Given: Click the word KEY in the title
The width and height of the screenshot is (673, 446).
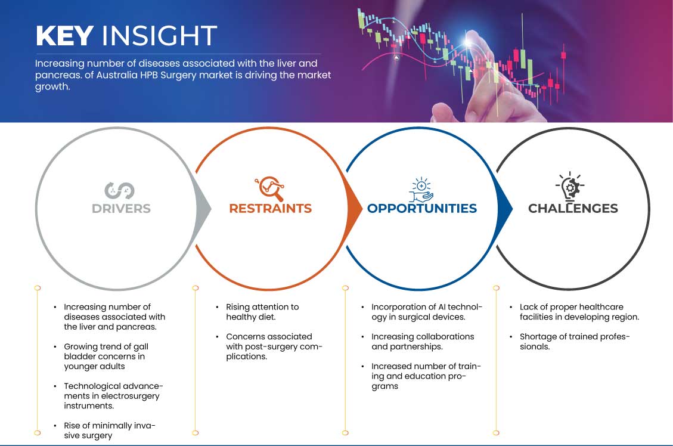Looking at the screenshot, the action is (x=64, y=36).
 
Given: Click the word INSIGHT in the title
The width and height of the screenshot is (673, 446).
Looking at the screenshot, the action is (x=159, y=36).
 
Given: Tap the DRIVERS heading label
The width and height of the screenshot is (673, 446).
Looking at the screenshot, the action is (x=121, y=209).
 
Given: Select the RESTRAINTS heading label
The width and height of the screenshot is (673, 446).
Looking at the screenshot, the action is (x=271, y=209).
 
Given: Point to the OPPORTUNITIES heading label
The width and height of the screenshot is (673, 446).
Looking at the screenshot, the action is (x=422, y=209).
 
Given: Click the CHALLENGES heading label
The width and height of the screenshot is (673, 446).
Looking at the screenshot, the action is (x=573, y=209).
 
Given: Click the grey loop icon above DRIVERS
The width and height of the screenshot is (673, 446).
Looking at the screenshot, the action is (x=119, y=191).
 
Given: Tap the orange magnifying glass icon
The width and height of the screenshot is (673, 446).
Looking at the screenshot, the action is (x=269, y=188).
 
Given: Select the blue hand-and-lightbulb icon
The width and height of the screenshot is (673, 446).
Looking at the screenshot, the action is (x=421, y=189).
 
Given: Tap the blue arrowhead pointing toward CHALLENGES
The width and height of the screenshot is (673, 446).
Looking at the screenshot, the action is (x=505, y=209).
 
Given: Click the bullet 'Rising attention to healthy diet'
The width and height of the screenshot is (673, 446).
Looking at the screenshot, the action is (x=262, y=312).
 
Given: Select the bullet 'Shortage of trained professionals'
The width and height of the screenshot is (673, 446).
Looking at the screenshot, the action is (x=574, y=342).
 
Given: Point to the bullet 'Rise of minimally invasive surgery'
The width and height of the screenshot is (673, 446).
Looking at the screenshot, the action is (x=110, y=430).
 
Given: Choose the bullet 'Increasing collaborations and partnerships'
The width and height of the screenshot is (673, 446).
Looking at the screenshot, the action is (x=423, y=342).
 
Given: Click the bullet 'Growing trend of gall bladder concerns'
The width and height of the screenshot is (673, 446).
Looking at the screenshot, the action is (x=106, y=357).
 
